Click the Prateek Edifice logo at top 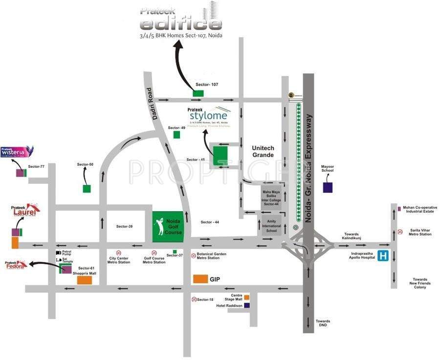[181, 20]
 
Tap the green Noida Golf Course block [167, 227]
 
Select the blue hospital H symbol [384, 256]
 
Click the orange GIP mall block [199, 279]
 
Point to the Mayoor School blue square [328, 186]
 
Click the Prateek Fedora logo [15, 266]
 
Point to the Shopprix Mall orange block [84, 280]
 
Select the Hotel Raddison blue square [247, 305]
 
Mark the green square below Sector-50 [87, 188]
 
